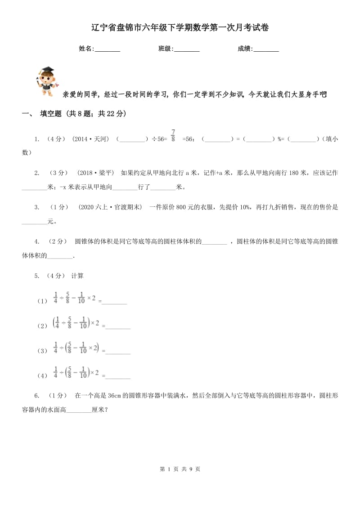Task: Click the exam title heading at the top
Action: [x=180, y=28]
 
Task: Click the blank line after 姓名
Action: [x=108, y=49]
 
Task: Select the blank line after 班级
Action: [x=187, y=49]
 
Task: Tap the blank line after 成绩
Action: [x=266, y=49]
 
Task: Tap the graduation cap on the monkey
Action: [x=47, y=71]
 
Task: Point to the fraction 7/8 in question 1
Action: [x=173, y=136]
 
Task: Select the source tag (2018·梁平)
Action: [x=96, y=173]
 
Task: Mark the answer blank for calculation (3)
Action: [x=118, y=351]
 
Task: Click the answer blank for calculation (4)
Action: [x=118, y=375]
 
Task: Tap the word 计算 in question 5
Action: [x=77, y=276]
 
